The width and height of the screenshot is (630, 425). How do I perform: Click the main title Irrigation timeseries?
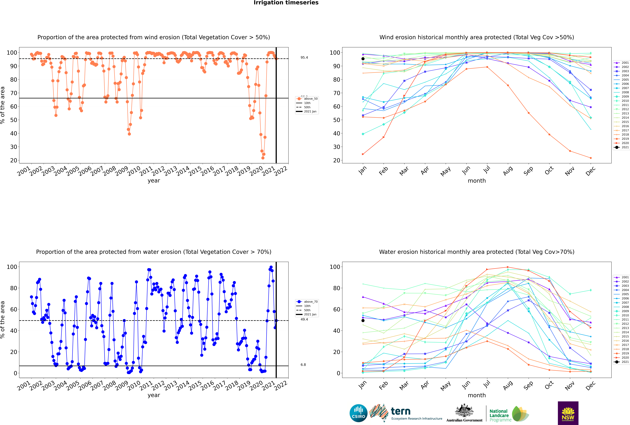coord(286,3)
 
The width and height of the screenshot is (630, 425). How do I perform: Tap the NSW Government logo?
coord(568,413)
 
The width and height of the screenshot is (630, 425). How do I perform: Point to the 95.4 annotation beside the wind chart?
coord(304,57)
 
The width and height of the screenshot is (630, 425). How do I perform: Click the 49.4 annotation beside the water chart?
coord(304,319)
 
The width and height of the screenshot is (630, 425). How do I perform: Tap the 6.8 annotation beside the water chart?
coord(303,365)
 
